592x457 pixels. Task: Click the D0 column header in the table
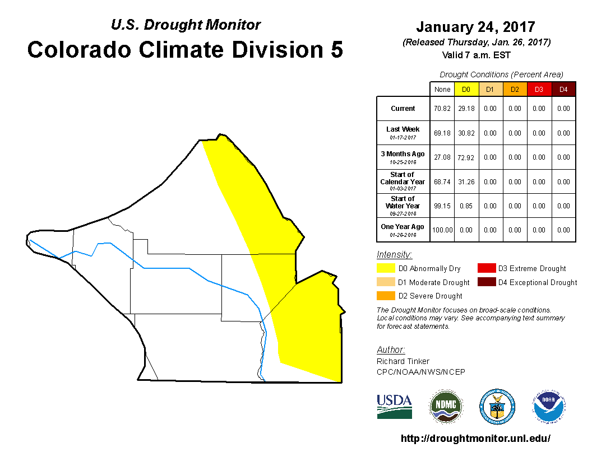[466, 90]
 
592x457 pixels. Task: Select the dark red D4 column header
[563, 90]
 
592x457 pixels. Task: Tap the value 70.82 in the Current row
[442, 109]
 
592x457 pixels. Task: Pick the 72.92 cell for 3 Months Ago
[466, 157]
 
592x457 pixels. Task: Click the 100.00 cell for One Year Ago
[442, 230]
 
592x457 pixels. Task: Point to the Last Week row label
[403, 132]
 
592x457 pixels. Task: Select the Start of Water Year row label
[403, 206]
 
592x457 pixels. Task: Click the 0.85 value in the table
[466, 206]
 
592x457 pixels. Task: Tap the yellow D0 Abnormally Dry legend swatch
[386, 269]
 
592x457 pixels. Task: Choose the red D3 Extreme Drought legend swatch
[485, 269]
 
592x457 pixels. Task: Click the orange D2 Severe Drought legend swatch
[386, 296]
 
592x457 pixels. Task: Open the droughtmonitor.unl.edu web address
[475, 439]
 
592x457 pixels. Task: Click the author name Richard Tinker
[403, 361]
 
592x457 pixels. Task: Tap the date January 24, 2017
[475, 27]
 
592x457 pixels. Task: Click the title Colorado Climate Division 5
[185, 50]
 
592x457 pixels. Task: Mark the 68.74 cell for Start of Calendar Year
[442, 182]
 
